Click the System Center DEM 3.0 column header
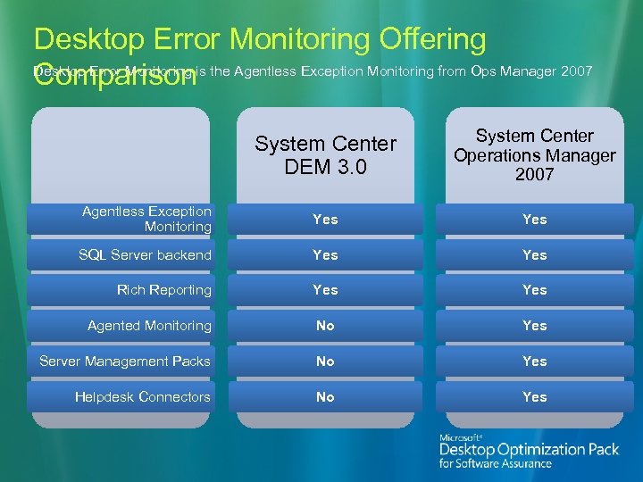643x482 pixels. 325,155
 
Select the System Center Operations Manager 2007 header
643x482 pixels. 534,154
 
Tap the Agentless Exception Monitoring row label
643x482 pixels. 146,219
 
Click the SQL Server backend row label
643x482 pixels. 145,254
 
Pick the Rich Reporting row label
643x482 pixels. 164,290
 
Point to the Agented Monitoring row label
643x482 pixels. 149,326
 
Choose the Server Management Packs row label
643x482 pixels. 125,361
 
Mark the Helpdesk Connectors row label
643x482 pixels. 143,397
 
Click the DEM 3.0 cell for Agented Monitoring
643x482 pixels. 325,326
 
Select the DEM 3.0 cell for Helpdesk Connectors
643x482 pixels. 325,397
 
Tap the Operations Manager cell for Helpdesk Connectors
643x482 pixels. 534,397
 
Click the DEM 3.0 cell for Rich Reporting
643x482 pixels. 325,290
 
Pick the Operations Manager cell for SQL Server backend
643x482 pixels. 534,254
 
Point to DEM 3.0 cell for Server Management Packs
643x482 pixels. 325,361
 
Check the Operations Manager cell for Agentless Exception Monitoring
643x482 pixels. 534,219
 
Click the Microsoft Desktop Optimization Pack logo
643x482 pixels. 529,450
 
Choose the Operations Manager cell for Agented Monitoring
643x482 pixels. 534,326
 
